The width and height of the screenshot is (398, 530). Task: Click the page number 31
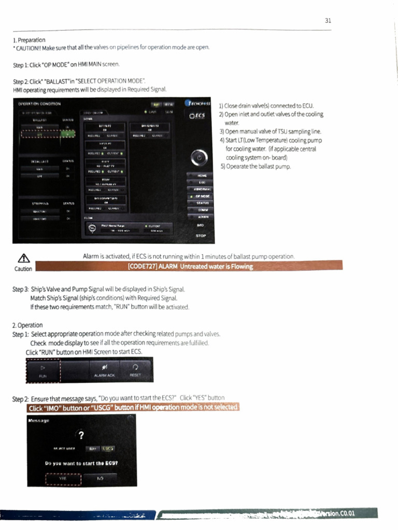[328, 21]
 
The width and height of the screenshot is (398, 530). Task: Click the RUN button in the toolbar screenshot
[43, 371]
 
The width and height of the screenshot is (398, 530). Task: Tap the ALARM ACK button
[104, 371]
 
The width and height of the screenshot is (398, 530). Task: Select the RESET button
[135, 371]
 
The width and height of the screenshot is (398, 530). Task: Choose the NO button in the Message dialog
[100, 478]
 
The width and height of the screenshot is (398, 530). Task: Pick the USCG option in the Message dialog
[108, 448]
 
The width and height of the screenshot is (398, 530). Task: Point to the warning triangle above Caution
[22, 259]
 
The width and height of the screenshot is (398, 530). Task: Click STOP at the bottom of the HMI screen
[201, 235]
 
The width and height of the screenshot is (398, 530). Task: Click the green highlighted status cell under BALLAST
[67, 134]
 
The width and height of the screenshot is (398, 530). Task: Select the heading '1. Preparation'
[29, 40]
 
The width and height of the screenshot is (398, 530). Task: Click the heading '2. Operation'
[27, 326]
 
